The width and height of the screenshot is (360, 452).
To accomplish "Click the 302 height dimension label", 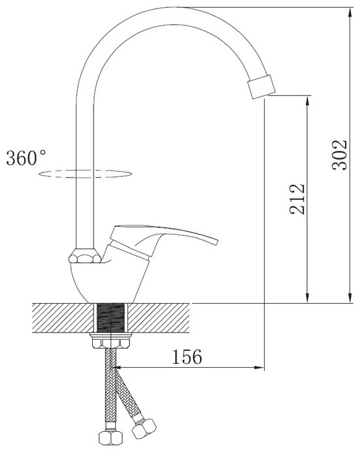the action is (x=340, y=155).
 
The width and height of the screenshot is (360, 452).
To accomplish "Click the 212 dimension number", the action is (x=297, y=199).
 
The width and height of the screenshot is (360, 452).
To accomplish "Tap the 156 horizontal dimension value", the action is (x=187, y=357).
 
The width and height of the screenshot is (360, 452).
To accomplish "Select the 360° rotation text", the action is (x=26, y=157).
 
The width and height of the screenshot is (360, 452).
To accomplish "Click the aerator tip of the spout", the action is (x=261, y=86).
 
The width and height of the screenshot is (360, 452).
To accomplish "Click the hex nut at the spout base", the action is (x=85, y=255).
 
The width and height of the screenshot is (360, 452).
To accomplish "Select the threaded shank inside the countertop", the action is (x=111, y=318).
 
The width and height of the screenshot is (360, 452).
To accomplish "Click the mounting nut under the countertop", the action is (x=111, y=341).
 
